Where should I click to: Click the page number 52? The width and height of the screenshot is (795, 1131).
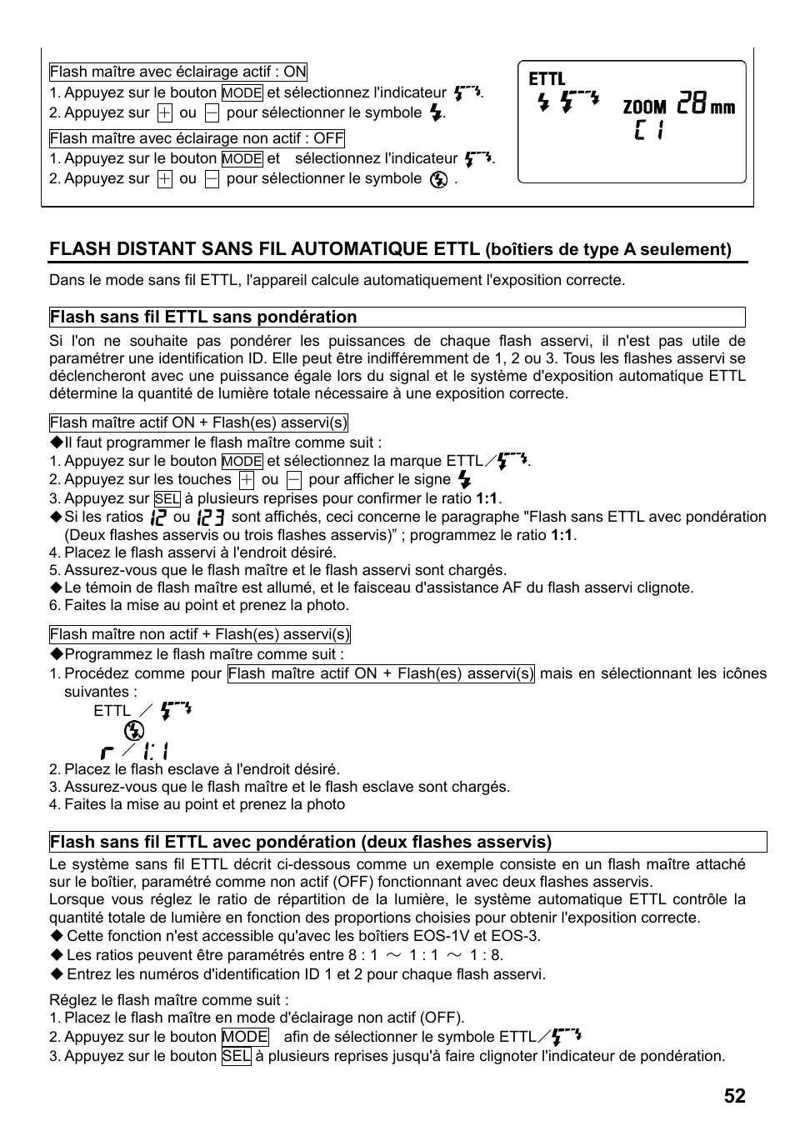[x=734, y=1096]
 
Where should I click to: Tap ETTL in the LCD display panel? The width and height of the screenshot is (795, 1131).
[x=547, y=79]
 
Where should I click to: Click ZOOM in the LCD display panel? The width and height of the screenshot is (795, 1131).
[x=644, y=107]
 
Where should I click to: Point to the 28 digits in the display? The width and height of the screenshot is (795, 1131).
[x=692, y=104]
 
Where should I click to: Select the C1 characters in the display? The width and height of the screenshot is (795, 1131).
[x=648, y=130]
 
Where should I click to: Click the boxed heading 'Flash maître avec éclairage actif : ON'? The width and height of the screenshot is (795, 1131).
[x=177, y=73]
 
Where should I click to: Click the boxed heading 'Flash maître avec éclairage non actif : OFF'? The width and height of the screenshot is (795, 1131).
[x=197, y=138]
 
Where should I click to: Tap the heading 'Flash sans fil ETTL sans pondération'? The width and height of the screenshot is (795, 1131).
[x=203, y=317]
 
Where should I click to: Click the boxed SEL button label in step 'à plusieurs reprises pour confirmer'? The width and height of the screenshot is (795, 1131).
[x=167, y=499]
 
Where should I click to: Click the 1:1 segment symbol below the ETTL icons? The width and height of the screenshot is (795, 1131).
[x=155, y=750]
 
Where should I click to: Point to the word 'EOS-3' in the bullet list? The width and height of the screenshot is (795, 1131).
[x=515, y=936]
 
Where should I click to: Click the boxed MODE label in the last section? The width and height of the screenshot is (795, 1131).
[x=245, y=1037]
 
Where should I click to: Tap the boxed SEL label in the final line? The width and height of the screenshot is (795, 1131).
[x=237, y=1056]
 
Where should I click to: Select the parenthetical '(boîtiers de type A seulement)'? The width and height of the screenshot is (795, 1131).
[x=608, y=249]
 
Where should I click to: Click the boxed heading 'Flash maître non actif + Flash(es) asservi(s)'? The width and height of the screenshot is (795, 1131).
[x=199, y=634]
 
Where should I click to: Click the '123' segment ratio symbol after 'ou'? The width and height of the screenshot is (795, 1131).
[x=212, y=517]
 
